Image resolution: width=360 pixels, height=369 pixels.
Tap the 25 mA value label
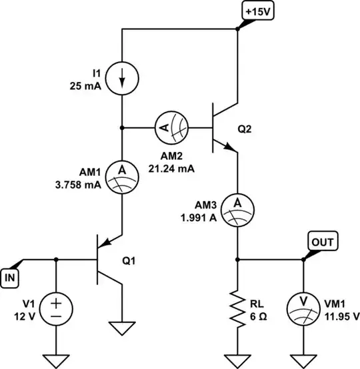coord(87,86)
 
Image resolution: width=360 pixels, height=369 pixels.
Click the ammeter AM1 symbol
coord(122,175)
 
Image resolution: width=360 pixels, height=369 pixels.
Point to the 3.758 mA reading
coord(78,187)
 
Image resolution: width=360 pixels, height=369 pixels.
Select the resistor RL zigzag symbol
coord(237,307)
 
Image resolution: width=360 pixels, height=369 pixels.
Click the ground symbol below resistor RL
coord(237,360)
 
